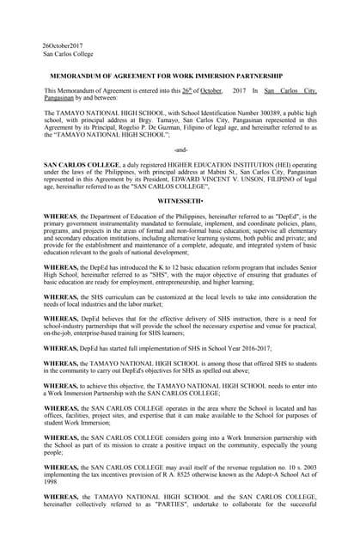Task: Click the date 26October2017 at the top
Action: (x=63, y=45)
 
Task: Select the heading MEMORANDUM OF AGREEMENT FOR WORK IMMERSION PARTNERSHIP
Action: (x=178, y=76)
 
